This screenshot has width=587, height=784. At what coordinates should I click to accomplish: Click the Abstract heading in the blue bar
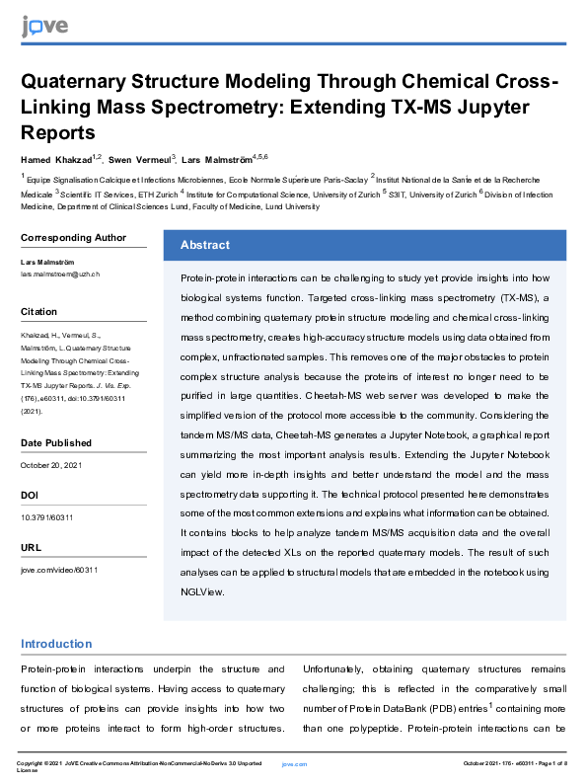coord(205,245)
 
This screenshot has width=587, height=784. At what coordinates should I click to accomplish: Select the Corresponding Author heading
coord(73,237)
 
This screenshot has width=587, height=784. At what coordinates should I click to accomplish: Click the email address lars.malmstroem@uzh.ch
coord(60,272)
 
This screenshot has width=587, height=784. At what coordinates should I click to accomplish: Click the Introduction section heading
coord(56,645)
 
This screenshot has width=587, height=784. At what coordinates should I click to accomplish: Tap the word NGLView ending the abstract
coord(203,592)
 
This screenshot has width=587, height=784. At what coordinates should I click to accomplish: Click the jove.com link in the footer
coord(295,764)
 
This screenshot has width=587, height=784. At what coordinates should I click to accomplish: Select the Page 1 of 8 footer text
coord(550,764)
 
